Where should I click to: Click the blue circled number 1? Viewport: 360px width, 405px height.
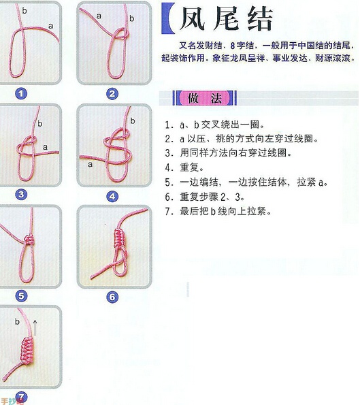point(22,94)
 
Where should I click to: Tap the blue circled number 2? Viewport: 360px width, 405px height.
point(112,94)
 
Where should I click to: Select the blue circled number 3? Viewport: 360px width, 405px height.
point(21,195)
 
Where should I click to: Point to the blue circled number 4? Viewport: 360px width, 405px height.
point(112,196)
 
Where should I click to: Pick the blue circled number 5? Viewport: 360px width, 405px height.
point(21,295)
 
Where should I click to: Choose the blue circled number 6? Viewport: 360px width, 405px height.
point(112,297)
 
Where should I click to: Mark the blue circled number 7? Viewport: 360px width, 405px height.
point(21,396)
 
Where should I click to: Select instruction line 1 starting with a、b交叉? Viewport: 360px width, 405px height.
point(218,125)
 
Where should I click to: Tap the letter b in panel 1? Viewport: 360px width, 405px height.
point(25,11)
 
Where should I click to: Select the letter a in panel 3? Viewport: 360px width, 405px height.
point(45,146)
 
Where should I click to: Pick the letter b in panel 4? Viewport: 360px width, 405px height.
point(132,120)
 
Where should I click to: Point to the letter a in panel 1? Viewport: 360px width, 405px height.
point(51,25)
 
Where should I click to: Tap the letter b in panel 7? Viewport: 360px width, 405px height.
point(16,321)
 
